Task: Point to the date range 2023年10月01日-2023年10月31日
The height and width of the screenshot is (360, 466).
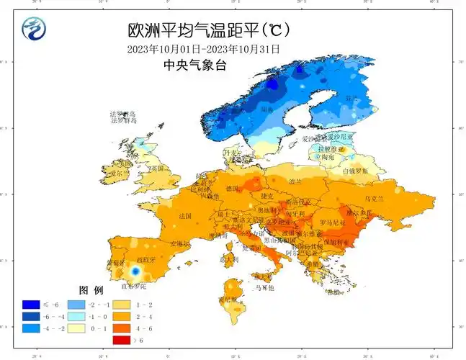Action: click(202, 49)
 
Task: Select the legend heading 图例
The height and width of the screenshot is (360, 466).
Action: click(91, 289)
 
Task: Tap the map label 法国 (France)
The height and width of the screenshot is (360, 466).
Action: click(185, 216)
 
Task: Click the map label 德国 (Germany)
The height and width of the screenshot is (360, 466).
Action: click(232, 188)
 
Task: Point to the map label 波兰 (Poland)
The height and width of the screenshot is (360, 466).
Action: click(296, 181)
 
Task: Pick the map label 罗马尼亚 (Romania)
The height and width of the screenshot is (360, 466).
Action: click(332, 223)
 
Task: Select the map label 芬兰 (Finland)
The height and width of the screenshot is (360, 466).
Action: click(351, 99)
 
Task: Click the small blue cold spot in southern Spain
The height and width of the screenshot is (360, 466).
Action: click(134, 271)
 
